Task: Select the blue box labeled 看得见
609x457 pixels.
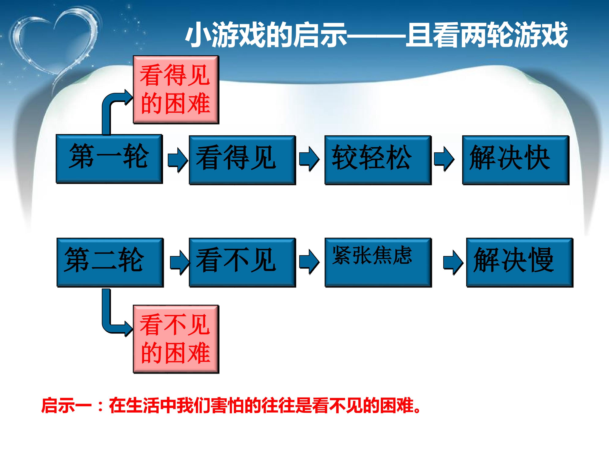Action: click(242, 160)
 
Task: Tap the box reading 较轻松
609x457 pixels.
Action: click(378, 160)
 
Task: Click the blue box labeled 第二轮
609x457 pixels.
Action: click(110, 263)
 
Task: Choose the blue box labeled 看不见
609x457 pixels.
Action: click(242, 263)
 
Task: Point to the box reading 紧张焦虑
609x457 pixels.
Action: click(378, 263)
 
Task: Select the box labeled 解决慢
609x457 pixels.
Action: click(520, 263)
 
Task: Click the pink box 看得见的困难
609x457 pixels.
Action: click(176, 89)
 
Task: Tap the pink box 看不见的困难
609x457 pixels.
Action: click(176, 339)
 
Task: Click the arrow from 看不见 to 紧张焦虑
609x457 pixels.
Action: click(309, 262)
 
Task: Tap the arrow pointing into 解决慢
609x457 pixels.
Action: click(453, 263)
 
